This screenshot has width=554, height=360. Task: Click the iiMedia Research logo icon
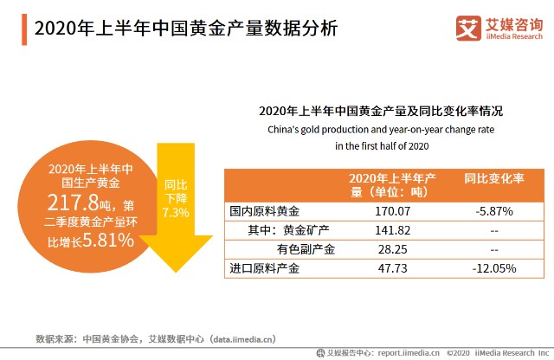467,29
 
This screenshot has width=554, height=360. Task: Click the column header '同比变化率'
494,178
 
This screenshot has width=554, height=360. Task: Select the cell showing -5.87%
494,210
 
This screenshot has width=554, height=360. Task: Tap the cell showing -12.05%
494,269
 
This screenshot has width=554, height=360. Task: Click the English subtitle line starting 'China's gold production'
382,130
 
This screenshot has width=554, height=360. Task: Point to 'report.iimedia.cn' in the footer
408,353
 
